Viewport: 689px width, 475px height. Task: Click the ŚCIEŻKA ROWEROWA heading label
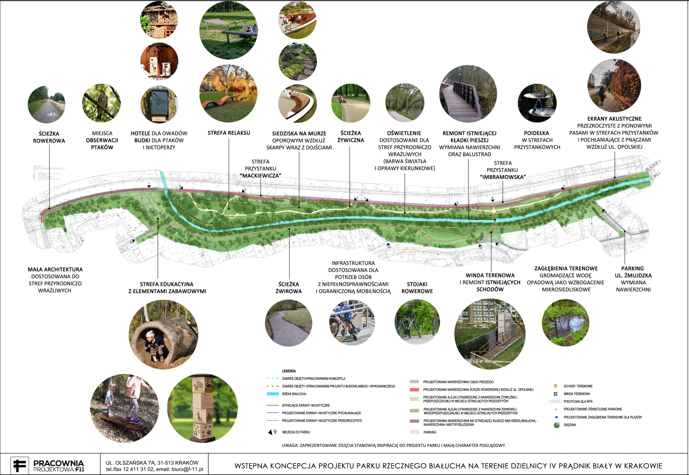[49, 137]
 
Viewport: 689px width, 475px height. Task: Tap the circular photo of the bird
[101, 103]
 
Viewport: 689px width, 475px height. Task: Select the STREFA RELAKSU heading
[229, 133]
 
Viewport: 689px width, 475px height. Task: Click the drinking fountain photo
[537, 103]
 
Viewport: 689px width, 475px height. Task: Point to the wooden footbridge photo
[468, 94]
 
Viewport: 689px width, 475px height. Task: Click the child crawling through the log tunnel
[163, 334]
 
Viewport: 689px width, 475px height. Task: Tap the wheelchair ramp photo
[352, 323]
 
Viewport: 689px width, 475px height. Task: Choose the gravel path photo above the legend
[289, 323]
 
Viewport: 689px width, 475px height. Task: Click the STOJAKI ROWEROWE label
[417, 287]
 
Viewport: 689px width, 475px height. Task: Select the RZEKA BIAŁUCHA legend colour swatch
[273, 394]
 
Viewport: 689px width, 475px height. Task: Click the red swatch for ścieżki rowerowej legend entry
[414, 389]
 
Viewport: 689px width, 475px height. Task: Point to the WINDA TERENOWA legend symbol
[555, 394]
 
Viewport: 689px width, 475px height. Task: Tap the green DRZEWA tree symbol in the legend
[556, 425]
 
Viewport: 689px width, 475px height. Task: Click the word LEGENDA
[289, 371]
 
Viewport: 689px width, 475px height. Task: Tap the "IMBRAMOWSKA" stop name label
[503, 177]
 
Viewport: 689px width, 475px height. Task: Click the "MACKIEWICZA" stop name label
[260, 176]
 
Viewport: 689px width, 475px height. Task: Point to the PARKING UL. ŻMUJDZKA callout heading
[633, 272]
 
